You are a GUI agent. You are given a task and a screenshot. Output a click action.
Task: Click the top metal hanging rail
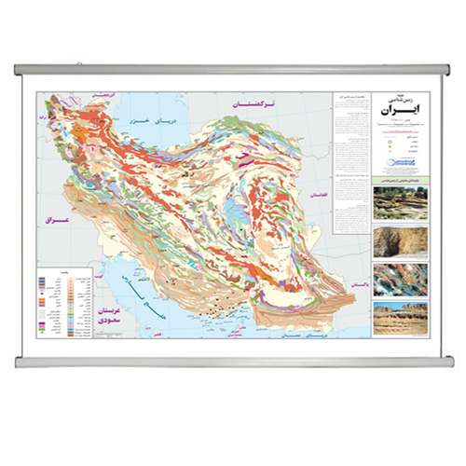pyautogui.click(x=233, y=69)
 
